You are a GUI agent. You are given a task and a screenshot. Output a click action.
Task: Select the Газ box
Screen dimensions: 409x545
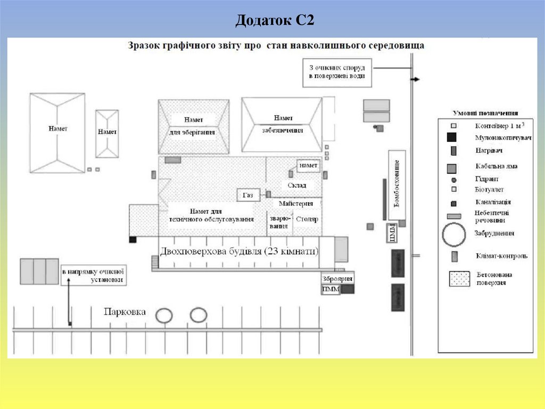point(248,195)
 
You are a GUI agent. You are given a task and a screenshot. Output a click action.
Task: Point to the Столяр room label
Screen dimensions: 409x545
point(307,219)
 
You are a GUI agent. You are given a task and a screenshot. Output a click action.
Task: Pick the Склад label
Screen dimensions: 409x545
point(297,185)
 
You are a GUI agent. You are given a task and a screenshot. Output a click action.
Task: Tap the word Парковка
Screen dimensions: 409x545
point(125,312)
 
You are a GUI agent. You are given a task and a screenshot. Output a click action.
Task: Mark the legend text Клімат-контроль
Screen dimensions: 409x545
point(502,256)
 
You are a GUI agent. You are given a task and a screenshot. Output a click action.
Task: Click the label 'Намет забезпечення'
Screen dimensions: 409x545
point(282,124)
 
